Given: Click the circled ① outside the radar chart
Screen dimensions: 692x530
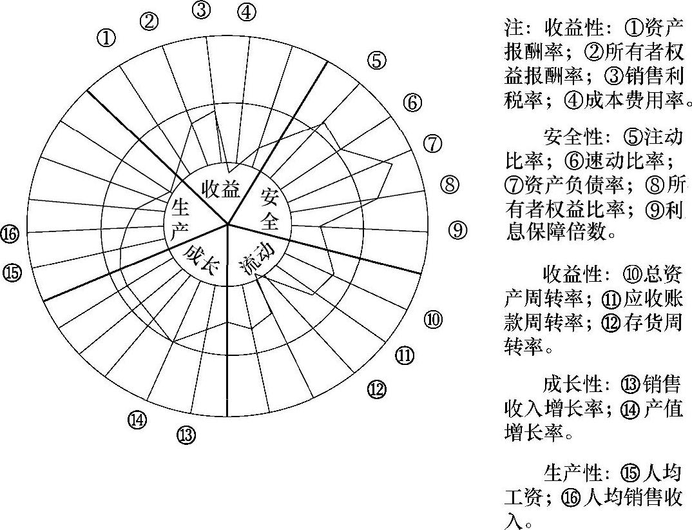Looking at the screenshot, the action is click(106, 38).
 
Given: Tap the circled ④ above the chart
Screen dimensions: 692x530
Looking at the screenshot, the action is click(246, 12).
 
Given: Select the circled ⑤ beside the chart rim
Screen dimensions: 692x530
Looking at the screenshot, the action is click(377, 61).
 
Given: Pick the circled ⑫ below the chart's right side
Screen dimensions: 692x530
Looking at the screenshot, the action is click(377, 389).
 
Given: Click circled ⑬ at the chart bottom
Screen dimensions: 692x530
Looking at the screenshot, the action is click(186, 436).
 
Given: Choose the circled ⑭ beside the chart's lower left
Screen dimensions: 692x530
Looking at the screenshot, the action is click(137, 420).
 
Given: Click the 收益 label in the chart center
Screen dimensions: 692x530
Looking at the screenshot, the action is click(221, 189).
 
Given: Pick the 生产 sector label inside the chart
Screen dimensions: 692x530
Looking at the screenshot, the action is click(181, 218).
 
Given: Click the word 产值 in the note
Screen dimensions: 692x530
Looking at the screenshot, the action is click(663, 409).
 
